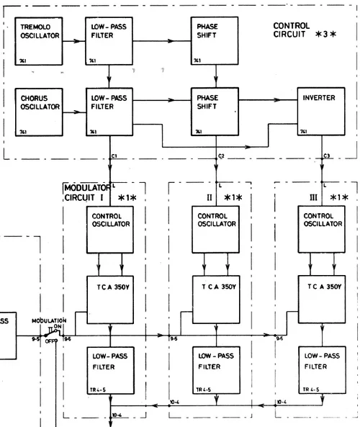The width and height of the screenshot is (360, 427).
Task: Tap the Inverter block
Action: (323, 112)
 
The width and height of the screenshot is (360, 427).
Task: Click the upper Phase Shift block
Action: (216, 42)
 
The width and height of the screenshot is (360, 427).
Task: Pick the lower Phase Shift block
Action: (216, 112)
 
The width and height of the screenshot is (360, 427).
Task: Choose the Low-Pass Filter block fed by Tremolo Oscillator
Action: (109, 42)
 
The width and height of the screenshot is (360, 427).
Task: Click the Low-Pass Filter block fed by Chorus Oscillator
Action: (109, 112)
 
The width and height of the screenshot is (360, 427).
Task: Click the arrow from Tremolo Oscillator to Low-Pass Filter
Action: (72, 42)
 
